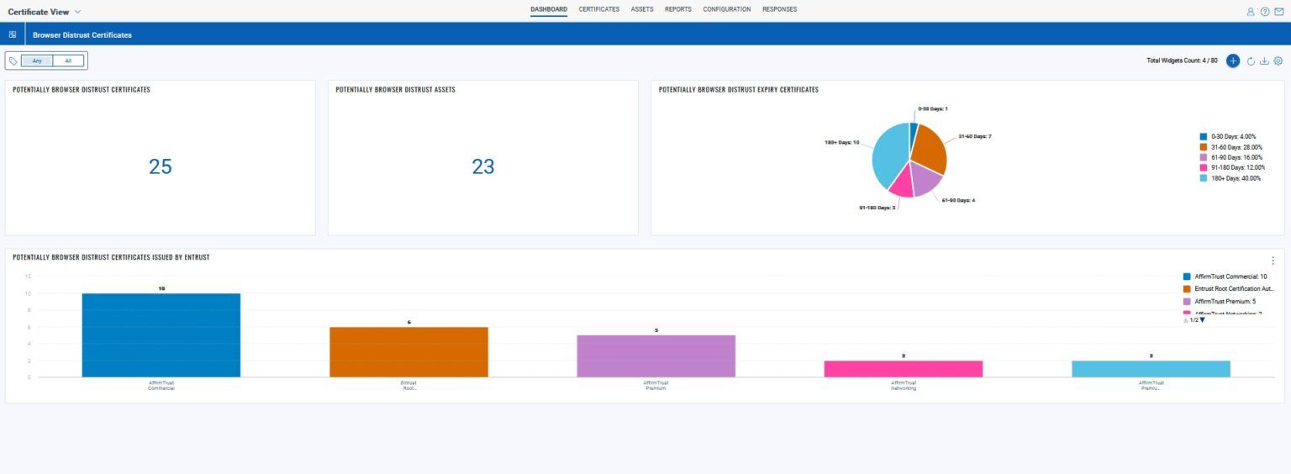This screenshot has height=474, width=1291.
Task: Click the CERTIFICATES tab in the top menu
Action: [x=598, y=9]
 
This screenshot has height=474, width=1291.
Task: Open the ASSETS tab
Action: [x=642, y=9]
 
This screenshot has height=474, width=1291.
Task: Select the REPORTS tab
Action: [x=677, y=9]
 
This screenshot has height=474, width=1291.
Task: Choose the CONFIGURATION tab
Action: [x=727, y=9]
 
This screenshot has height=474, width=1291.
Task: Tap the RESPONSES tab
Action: [x=779, y=9]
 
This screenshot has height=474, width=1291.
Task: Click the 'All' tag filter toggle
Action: [x=68, y=61]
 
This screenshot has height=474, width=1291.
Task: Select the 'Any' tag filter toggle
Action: [x=37, y=61]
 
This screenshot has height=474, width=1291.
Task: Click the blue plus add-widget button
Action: [x=1233, y=61]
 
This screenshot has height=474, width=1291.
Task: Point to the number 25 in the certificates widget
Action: [x=161, y=166]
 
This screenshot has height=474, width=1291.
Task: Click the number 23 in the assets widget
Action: [x=483, y=166]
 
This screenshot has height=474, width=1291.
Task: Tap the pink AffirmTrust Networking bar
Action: [x=903, y=368]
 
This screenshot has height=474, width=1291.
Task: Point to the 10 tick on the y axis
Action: [x=29, y=293]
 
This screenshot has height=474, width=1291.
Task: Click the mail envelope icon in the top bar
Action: [x=1278, y=12]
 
